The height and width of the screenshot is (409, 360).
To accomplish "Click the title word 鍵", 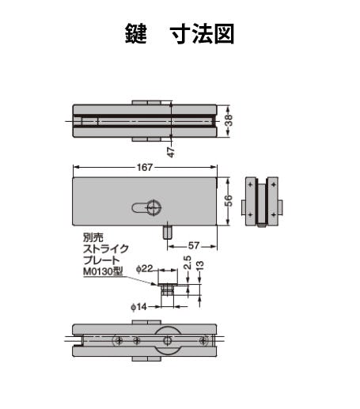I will tap(136, 34).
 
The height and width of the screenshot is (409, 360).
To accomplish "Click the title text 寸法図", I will tap(202, 34).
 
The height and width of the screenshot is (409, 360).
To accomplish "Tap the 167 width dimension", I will tap(144, 168).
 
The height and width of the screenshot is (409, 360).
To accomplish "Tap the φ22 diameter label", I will tap(144, 269).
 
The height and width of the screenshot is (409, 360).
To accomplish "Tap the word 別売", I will tap(93, 237).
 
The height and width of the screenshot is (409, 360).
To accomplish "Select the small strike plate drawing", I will tap(167, 282).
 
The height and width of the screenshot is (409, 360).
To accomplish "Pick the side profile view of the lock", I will tap(262, 203).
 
